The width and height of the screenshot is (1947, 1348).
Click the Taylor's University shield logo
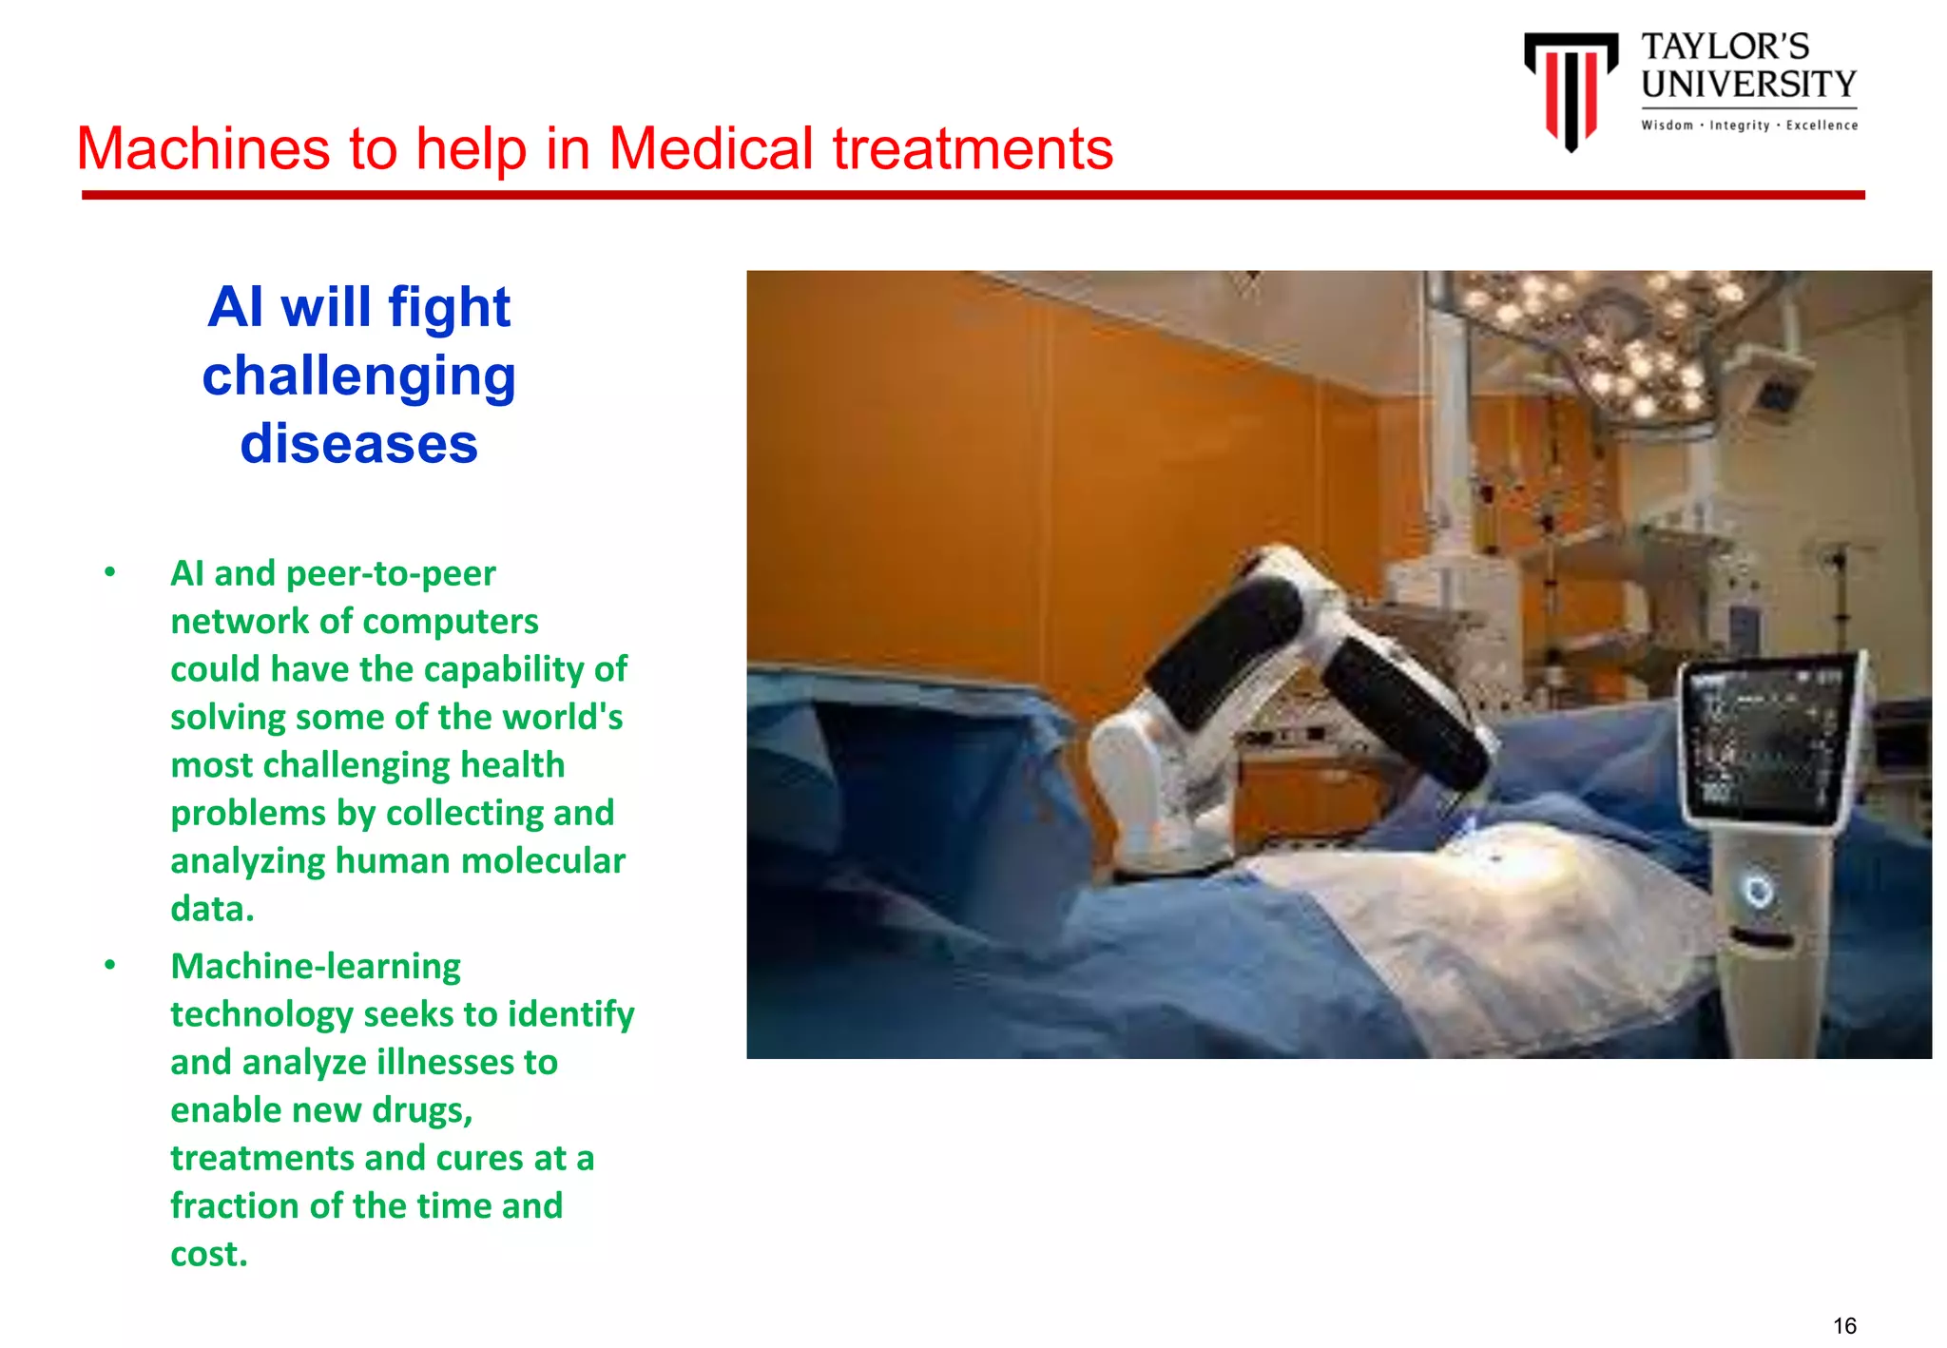click(x=1571, y=88)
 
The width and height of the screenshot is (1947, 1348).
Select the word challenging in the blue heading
click(x=358, y=376)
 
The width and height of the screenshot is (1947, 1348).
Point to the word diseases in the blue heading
click(x=358, y=444)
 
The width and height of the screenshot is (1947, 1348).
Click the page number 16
click(x=1844, y=1325)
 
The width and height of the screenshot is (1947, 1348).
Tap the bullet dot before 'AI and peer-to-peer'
click(x=110, y=572)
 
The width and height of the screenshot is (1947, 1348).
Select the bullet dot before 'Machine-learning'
click(x=110, y=965)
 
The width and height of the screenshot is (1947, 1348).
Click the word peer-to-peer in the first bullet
click(x=391, y=573)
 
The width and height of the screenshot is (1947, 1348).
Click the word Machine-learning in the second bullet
click(x=316, y=967)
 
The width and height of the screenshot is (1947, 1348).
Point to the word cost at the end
click(x=205, y=1254)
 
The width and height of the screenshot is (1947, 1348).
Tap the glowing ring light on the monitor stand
click(x=1758, y=891)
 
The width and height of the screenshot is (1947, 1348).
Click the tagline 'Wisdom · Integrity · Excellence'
click(x=1748, y=125)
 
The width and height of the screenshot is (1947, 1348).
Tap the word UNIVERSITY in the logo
click(x=1748, y=85)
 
